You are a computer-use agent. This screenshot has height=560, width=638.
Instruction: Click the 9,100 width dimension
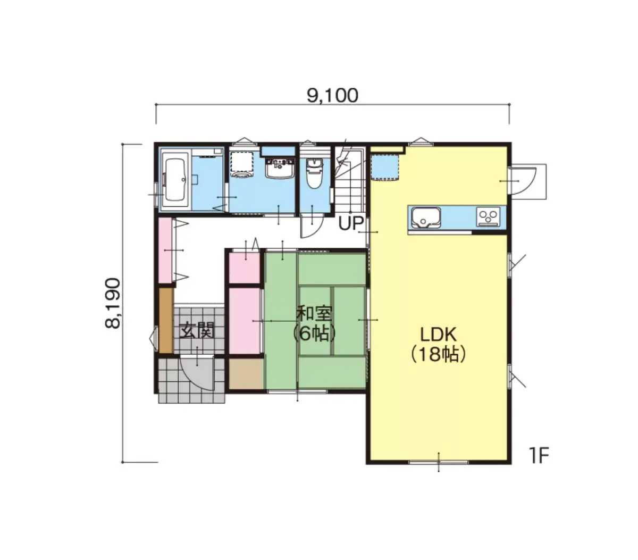pos(332,95)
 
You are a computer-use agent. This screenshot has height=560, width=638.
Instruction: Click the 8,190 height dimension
pos(112,303)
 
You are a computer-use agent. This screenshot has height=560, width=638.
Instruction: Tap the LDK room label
pos(438,335)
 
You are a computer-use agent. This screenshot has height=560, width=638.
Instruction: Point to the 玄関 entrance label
pos(197,331)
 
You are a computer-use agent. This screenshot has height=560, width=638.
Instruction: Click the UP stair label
pos(351,223)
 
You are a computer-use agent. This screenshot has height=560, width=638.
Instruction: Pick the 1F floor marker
pos(540,456)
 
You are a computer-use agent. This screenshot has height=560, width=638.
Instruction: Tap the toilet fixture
pos(314,173)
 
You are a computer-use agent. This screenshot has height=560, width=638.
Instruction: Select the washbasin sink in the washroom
pos(280,169)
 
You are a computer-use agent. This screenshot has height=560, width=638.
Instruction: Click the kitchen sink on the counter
pos(425,218)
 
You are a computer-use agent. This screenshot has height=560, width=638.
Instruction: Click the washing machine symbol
pos(241,165)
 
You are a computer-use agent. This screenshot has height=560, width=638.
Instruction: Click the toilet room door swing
pos(312,225)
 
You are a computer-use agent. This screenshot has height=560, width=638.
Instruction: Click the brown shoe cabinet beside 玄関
pos(166,320)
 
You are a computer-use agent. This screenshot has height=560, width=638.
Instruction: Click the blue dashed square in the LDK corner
pos(385,167)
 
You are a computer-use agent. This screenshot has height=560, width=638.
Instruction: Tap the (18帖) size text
pos(438,355)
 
